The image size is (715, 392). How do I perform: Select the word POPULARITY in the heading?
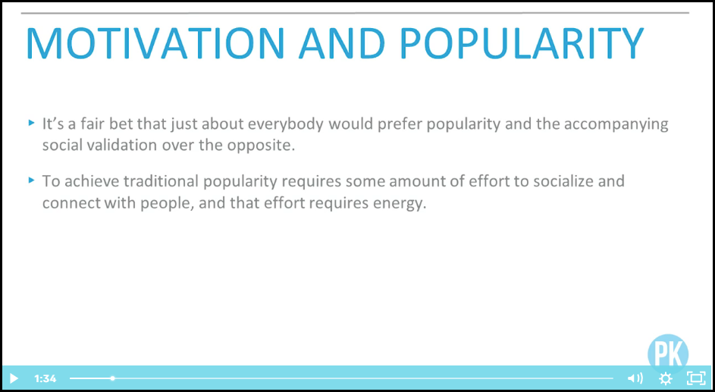click(522, 43)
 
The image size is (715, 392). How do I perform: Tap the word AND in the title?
click(342, 43)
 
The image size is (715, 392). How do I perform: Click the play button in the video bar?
click(14, 378)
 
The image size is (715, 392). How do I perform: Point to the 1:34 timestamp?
click(45, 378)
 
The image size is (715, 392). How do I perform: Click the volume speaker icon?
click(635, 378)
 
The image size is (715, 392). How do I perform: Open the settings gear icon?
click(666, 378)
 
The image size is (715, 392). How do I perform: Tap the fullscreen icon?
click(696, 378)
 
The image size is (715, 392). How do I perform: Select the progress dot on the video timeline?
click(113, 378)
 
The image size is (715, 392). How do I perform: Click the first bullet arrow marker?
click(31, 123)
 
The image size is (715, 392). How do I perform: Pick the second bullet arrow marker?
click(31, 180)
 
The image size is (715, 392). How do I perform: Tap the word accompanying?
click(616, 125)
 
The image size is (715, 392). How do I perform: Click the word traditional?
click(162, 181)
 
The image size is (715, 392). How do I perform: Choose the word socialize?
click(567, 181)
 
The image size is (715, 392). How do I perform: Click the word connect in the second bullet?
click(71, 203)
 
